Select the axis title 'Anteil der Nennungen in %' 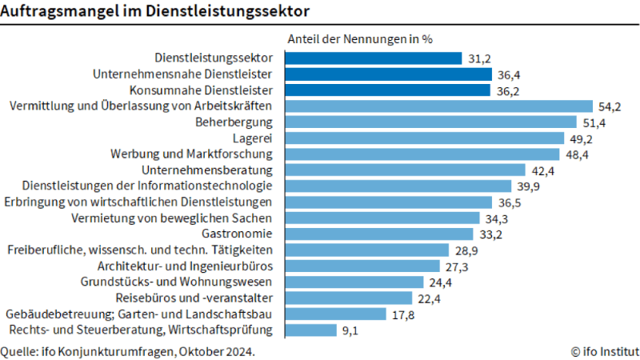tap(360, 38)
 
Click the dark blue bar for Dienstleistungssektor tap(374, 58)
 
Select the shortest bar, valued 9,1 tap(314, 330)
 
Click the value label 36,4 tap(509, 74)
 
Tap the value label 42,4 tap(542, 170)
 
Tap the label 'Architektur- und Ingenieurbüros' tap(186, 266)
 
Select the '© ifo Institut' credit tap(604, 350)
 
